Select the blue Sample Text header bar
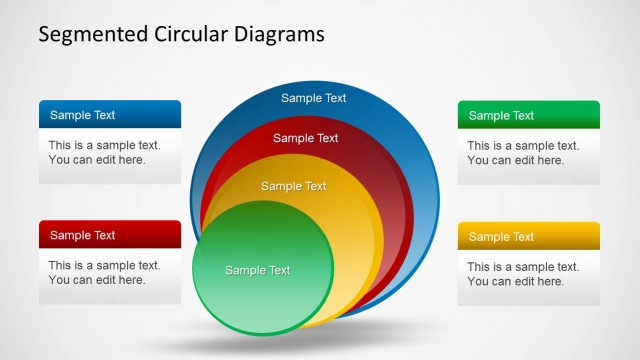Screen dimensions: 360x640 click(x=110, y=115)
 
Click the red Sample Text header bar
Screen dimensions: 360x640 click(x=110, y=235)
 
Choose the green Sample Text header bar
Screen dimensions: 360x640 click(x=529, y=115)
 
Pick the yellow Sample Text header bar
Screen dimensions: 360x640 click(x=529, y=235)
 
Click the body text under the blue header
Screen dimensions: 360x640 click(x=104, y=152)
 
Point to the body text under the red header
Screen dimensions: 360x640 click(x=104, y=272)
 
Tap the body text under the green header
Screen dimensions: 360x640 click(x=523, y=152)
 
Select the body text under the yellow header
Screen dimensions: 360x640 click(x=523, y=272)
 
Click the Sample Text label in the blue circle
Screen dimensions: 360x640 click(x=313, y=98)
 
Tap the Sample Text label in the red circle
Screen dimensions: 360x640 click(x=306, y=138)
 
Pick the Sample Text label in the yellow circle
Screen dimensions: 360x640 click(x=294, y=186)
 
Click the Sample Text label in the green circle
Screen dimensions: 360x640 click(x=258, y=270)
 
